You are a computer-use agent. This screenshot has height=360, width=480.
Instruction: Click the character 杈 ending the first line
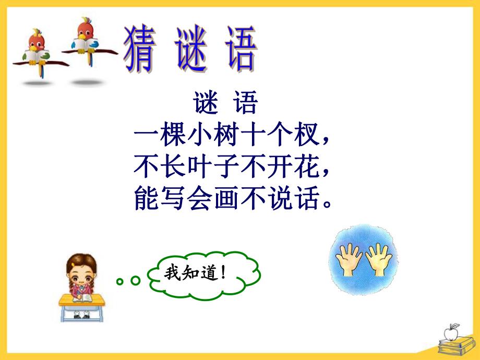click(x=307, y=137)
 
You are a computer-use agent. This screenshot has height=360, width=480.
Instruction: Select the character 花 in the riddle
click(x=307, y=168)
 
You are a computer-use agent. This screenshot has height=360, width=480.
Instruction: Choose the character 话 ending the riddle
click(x=307, y=199)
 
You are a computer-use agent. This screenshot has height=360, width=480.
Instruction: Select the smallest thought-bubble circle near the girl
click(x=121, y=282)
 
